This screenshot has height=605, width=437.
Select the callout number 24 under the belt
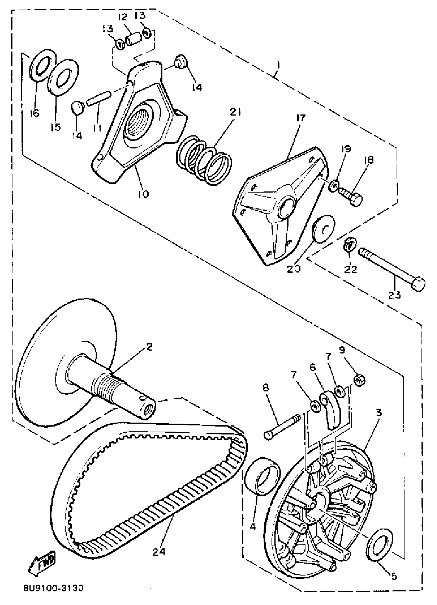(x=159, y=551)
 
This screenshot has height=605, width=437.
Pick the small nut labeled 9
(x=359, y=380)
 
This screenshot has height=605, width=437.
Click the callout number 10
(x=143, y=194)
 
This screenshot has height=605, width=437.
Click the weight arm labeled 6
(x=332, y=409)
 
